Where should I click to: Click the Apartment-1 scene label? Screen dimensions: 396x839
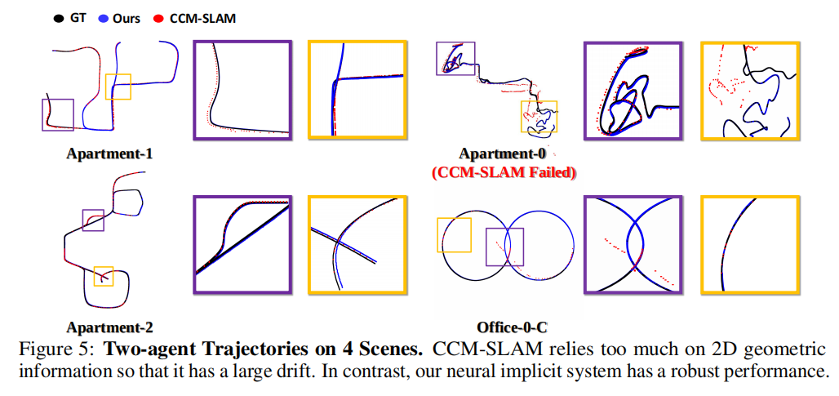[110, 154]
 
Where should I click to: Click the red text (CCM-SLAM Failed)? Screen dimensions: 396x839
[504, 172]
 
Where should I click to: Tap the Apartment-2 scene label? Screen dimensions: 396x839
[110, 328]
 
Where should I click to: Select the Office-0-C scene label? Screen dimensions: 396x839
[511, 328]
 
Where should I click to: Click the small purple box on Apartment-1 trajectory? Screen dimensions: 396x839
[58, 115]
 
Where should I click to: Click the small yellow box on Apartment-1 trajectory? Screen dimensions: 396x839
[118, 87]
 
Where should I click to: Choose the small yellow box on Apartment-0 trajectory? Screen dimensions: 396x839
[539, 118]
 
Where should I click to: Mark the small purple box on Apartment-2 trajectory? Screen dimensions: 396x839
[93, 220]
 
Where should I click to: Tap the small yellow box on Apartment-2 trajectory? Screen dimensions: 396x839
[103, 276]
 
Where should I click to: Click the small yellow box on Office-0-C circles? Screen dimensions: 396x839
[455, 235]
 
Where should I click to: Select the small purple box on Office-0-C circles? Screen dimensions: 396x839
[504, 247]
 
